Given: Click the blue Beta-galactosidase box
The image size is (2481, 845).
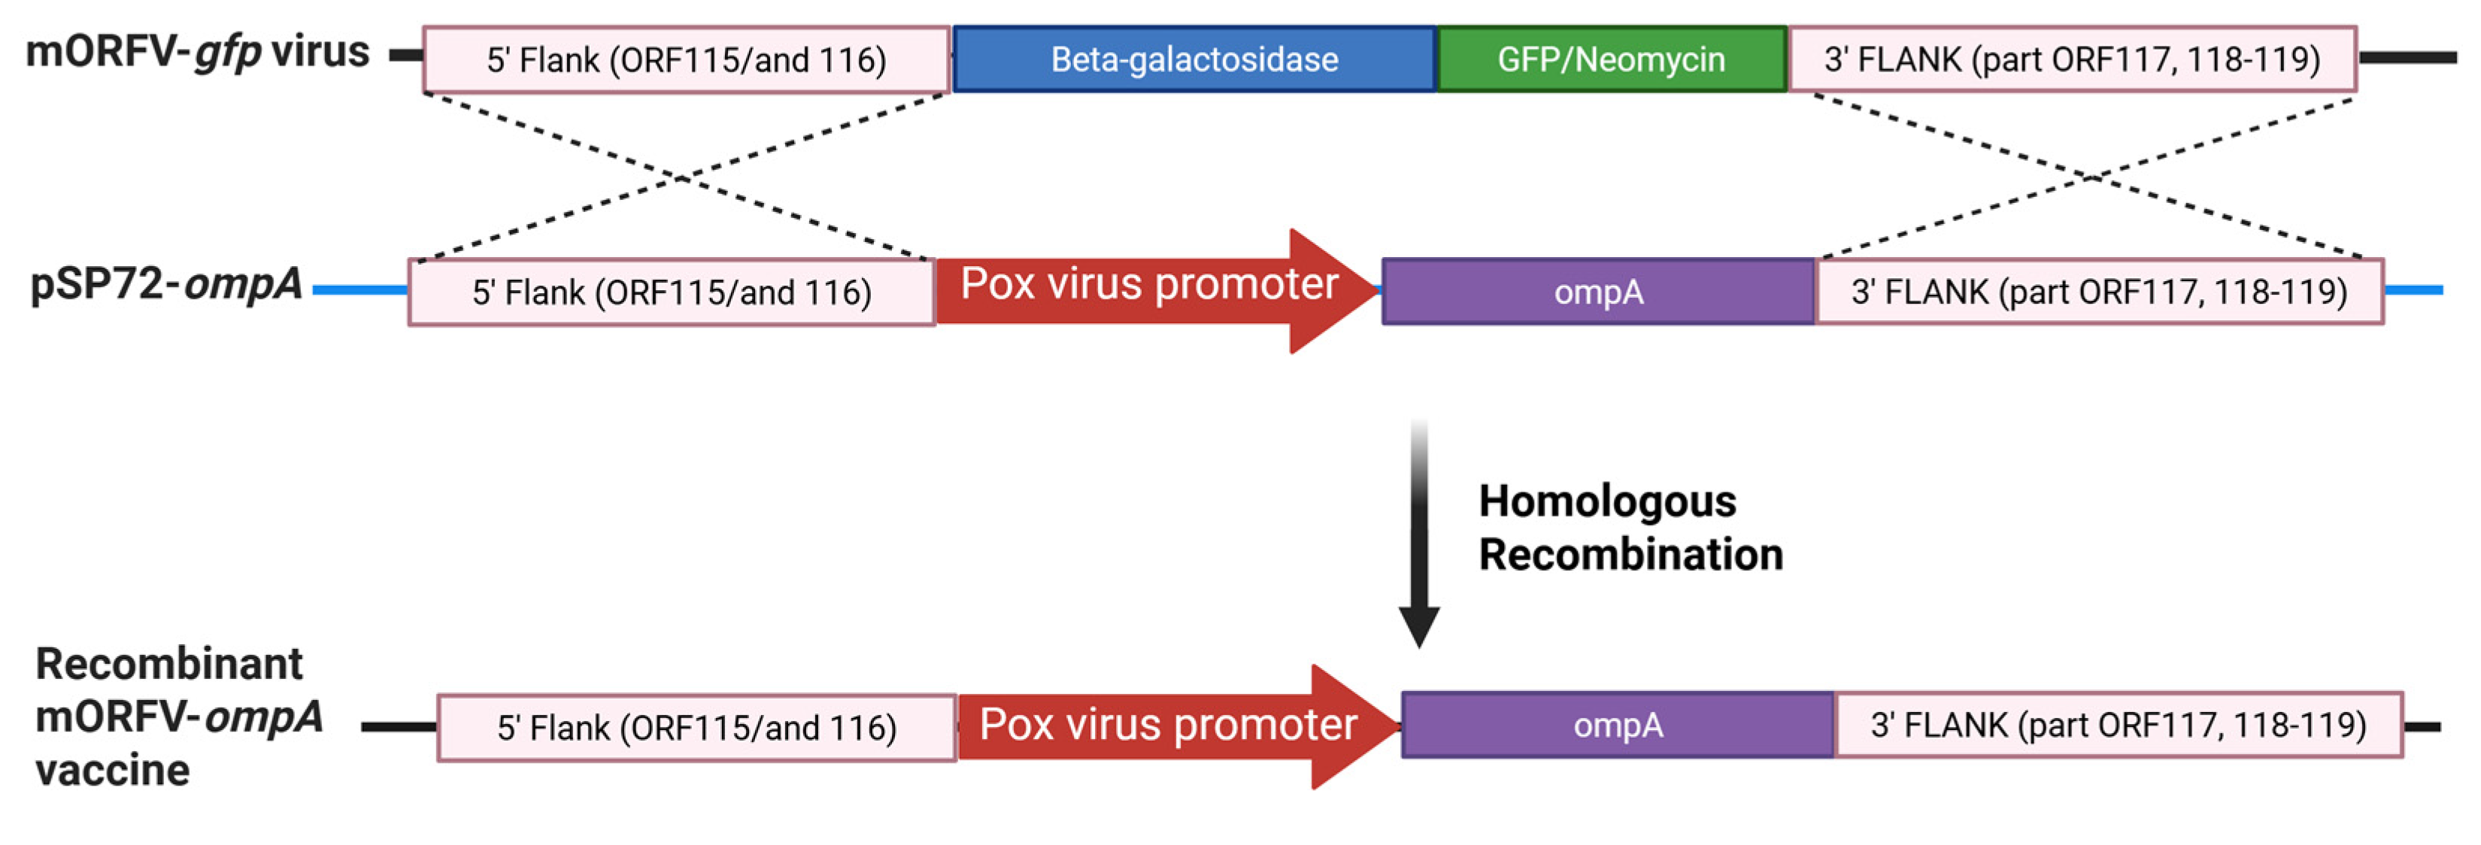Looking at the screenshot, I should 1194,59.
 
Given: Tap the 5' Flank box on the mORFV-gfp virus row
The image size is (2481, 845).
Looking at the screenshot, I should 686,59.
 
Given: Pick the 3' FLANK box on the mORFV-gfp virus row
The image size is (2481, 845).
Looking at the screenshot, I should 2073,59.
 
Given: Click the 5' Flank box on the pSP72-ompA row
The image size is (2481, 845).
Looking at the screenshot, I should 672,292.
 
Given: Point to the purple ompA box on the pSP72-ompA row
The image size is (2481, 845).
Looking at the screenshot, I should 1599,292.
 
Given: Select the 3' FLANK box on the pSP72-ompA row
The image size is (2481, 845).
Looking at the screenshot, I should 2100,292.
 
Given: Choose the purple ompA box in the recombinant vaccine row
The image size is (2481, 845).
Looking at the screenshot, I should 1618,725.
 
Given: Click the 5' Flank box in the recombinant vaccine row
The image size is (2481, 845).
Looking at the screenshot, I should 696,728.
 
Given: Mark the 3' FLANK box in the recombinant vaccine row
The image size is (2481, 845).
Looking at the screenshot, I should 2119,725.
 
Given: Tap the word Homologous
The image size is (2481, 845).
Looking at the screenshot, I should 1606,502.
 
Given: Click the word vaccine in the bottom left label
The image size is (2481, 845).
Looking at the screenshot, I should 112,771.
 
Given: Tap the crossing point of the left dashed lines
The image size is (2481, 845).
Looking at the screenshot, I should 681,177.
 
